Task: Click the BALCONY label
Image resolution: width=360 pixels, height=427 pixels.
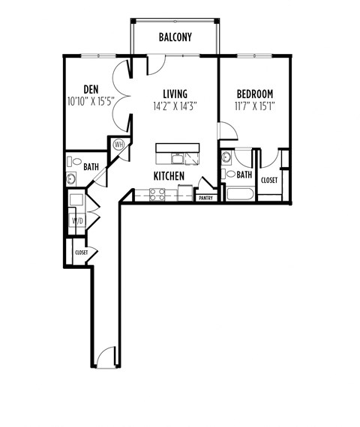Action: coord(175,37)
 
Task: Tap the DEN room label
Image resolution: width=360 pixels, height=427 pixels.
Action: coord(91,87)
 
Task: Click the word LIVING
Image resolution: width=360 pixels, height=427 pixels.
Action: coord(173,94)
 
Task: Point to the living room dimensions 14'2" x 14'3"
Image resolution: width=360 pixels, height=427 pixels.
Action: coord(174,106)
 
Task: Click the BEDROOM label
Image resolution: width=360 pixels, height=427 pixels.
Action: coord(254,94)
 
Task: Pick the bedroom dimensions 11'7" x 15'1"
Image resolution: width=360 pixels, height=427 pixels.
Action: coord(254,106)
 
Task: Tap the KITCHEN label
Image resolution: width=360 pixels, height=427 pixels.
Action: coord(169,175)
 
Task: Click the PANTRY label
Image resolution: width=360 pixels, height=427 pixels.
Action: coord(204,198)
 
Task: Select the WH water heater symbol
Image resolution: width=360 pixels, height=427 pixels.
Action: coord(118,145)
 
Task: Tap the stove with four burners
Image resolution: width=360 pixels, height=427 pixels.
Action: coord(157,195)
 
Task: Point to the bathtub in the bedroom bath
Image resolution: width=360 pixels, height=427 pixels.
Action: coord(238,195)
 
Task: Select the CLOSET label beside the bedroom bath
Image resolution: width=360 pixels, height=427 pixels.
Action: coord(269,181)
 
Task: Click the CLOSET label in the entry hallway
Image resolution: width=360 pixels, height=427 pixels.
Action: coord(81,252)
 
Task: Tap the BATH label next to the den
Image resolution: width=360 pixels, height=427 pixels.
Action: coord(91,166)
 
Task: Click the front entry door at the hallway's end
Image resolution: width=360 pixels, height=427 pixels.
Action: coord(105,357)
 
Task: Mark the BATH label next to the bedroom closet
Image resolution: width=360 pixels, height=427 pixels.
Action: coord(244,175)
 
